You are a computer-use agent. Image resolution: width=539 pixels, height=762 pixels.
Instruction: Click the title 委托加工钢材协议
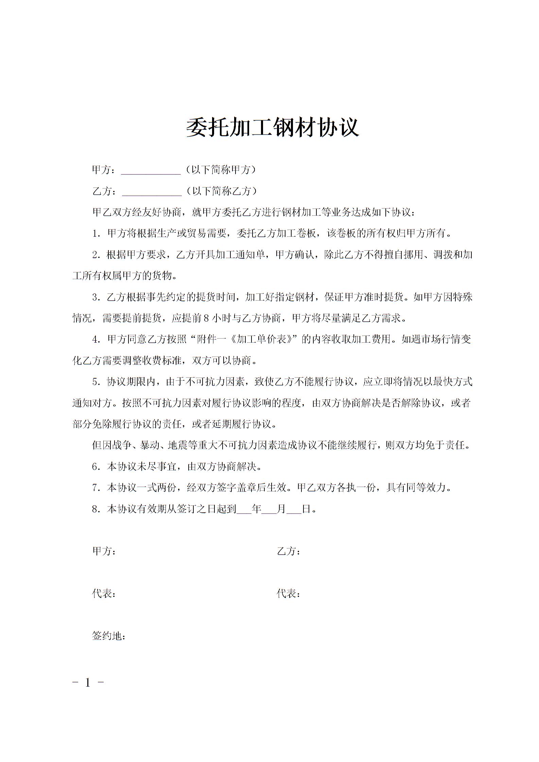point(273,128)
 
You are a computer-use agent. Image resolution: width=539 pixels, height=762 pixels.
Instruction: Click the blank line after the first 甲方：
point(151,171)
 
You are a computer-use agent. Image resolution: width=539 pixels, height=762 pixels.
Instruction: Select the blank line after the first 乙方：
point(152,192)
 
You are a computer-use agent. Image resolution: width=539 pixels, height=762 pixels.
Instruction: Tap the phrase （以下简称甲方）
point(221,170)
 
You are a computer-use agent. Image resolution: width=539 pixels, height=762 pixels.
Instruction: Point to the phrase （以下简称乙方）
point(222,191)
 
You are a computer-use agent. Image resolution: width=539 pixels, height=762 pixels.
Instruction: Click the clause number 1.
point(95,234)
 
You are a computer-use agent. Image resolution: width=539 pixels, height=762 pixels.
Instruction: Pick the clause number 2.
point(95,255)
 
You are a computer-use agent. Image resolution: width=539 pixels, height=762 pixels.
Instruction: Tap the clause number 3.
point(95,297)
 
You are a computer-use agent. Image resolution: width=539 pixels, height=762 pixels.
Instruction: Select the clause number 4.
point(95,340)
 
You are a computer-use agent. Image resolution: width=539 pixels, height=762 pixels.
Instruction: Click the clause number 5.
point(95,382)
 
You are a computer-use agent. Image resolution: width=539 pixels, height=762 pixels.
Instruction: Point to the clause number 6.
point(95,467)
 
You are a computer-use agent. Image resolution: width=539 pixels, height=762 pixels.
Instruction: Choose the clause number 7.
point(95,488)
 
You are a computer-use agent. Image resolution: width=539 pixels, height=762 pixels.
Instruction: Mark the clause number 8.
point(95,509)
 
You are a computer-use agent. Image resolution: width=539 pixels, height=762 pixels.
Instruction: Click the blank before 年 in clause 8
point(244,510)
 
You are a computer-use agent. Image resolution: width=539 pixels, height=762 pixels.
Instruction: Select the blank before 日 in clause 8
point(294,510)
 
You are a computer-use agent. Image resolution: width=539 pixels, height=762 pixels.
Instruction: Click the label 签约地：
point(109,636)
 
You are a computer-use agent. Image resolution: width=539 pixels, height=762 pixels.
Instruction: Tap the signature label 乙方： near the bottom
point(289,551)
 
